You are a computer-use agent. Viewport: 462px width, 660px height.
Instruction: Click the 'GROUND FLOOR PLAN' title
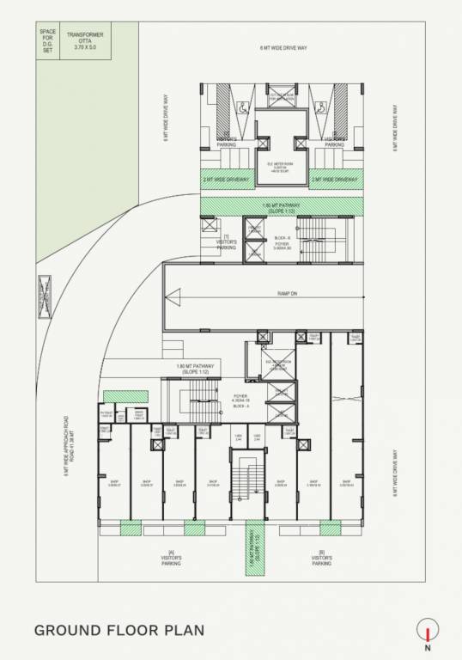[119, 631]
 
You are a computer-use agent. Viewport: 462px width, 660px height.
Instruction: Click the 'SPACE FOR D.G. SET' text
[47, 43]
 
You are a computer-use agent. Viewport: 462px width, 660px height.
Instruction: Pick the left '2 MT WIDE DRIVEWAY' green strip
[227, 180]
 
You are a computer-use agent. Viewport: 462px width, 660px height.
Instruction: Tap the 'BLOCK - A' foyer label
[240, 405]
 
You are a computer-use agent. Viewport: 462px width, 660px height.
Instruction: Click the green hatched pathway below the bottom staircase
[253, 544]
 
